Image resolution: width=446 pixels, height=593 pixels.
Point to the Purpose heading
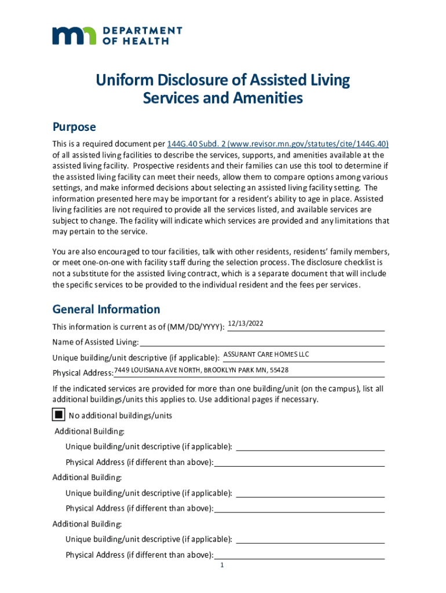[x=74, y=127]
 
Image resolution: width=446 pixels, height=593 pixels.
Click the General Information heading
[x=106, y=309]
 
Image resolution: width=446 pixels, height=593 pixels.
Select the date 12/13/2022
[x=246, y=323]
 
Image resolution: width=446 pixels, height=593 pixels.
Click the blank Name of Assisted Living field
[x=262, y=342]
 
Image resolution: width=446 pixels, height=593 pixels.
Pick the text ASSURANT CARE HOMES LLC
[x=266, y=354]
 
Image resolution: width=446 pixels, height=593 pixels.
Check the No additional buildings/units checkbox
[x=58, y=415]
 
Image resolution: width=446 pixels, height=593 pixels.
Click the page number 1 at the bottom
[x=222, y=566]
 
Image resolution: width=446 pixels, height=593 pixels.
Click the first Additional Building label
[x=89, y=431]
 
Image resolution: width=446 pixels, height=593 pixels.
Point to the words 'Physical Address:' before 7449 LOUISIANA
[x=83, y=372]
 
